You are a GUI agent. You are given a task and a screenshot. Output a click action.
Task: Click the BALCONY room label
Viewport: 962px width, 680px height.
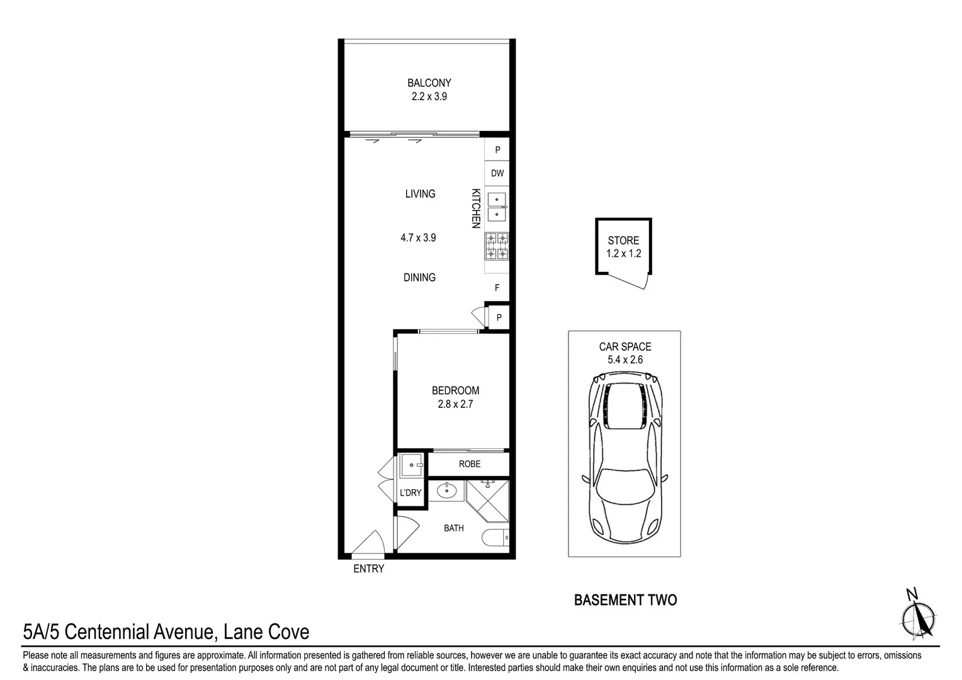[429, 82]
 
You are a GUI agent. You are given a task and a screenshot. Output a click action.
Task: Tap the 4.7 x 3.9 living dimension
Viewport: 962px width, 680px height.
[418, 238]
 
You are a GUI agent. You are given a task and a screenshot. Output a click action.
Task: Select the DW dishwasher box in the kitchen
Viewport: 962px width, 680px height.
[497, 173]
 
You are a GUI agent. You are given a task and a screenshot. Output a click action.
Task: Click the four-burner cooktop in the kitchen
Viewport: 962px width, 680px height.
[497, 246]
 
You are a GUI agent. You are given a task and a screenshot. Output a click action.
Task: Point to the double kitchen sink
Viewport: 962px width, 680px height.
[497, 208]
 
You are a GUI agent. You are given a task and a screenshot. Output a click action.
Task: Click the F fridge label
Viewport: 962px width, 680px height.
[497, 288]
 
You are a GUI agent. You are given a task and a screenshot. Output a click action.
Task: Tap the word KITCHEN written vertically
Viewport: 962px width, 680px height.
[477, 208]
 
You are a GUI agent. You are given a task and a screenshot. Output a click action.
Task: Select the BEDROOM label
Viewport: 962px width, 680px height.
[455, 390]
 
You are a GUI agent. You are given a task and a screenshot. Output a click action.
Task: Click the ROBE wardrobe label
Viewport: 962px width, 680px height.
[470, 464]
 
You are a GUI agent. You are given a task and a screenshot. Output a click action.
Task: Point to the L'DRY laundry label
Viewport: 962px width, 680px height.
[410, 492]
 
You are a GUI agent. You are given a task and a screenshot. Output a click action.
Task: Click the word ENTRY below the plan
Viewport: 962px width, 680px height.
[368, 569]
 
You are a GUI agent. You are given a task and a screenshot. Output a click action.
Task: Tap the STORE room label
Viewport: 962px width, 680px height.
[623, 241]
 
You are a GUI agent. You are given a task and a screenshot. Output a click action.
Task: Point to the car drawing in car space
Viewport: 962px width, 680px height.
[625, 456]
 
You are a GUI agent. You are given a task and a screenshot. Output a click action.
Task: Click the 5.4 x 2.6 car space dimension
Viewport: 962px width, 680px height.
[625, 360]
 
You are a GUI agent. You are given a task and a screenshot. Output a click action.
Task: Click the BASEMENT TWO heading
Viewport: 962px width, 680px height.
[625, 600]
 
